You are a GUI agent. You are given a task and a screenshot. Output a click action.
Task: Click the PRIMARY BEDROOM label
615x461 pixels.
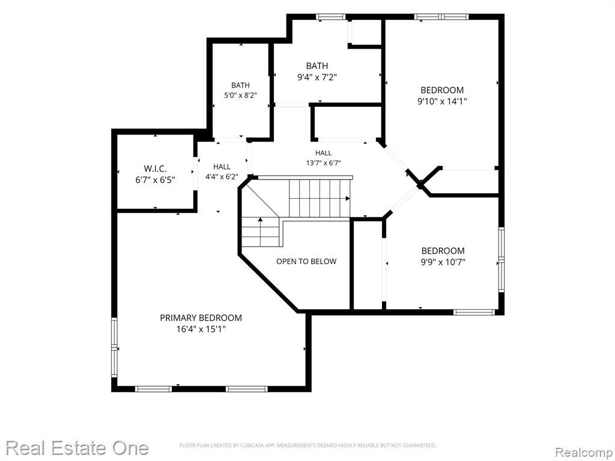tap(201, 318)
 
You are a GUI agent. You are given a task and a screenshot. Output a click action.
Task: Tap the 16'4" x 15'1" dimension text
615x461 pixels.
tap(201, 330)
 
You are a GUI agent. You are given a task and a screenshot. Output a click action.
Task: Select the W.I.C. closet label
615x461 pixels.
tap(155, 169)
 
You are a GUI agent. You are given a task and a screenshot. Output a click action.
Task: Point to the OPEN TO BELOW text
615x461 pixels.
tap(306, 262)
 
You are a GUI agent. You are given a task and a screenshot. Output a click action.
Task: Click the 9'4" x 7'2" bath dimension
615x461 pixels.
tap(317, 77)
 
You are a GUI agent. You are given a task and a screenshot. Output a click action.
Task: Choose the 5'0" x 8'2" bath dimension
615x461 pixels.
tap(240, 95)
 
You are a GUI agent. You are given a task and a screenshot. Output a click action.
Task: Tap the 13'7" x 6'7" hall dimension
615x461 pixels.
tap(324, 163)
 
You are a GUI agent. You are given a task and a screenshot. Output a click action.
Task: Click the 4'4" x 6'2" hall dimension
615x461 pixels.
tap(222, 177)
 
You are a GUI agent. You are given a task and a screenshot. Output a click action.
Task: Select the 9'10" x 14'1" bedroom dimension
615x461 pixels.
tap(442, 101)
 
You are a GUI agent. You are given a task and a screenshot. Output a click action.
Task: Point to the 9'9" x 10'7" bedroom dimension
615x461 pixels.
tap(443, 262)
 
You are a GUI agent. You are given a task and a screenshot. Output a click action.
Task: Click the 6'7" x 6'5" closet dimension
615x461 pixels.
tap(155, 180)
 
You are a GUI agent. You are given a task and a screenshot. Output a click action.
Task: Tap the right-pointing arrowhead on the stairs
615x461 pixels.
tap(348, 199)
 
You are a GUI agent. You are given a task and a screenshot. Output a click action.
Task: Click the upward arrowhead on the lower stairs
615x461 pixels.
tap(261, 219)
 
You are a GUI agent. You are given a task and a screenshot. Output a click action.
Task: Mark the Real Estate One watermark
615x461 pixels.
tap(77, 448)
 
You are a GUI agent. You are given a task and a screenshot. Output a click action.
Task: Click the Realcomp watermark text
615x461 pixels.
tap(584, 452)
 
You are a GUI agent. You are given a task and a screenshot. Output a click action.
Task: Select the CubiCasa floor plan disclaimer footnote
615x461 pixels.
tap(307, 445)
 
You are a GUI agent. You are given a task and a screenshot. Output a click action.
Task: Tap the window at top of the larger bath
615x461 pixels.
tap(331, 16)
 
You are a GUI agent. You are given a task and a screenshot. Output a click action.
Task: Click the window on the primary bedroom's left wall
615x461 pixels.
tap(114, 348)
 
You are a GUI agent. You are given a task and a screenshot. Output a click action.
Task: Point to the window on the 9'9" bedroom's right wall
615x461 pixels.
tap(501, 259)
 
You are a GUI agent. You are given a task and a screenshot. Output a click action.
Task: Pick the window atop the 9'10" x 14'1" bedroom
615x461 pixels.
tap(441, 16)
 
